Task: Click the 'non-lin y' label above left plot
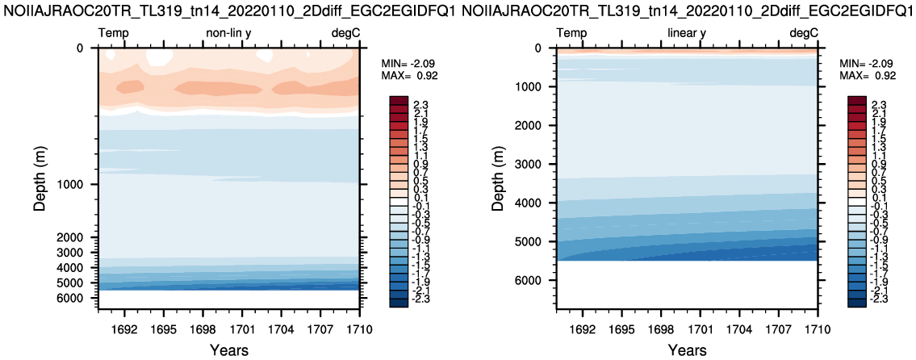pos(228,33)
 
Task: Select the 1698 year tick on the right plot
pos(660,330)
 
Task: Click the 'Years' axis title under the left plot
pos(228,350)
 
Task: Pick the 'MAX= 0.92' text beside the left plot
pos(409,75)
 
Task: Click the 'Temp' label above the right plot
pos(571,33)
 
